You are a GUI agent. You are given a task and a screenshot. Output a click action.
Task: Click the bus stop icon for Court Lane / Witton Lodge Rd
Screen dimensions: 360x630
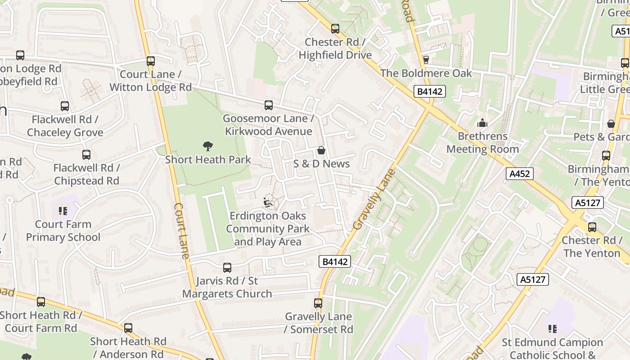[151, 61]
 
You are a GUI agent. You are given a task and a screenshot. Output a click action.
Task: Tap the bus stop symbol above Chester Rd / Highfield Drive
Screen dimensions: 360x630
[335, 29]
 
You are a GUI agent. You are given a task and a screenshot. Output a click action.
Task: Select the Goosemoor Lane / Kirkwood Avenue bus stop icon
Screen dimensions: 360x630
[269, 105]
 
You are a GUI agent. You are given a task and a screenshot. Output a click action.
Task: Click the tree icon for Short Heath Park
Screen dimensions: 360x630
[207, 146]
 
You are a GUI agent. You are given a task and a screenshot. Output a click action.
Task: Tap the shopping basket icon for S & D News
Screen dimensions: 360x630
[321, 150]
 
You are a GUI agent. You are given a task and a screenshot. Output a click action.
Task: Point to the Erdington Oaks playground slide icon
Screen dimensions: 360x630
[268, 202]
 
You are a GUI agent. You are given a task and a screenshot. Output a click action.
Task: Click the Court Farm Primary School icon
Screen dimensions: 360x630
[63, 211]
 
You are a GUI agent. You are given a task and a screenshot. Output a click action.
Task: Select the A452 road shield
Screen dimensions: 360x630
[520, 174]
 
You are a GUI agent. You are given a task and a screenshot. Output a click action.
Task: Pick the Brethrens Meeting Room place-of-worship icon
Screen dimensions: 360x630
[482, 122]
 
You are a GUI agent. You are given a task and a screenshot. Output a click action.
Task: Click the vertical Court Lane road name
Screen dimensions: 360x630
[181, 230]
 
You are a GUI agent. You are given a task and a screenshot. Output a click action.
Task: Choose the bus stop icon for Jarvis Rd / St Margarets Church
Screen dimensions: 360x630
[227, 268]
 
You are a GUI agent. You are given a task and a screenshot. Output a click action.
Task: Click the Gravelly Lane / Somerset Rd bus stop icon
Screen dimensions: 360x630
[318, 303]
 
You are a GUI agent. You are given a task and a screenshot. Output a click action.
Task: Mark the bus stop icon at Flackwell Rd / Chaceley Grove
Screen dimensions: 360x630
[65, 106]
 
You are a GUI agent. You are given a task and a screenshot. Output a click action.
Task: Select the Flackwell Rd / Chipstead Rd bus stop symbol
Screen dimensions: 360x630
[86, 155]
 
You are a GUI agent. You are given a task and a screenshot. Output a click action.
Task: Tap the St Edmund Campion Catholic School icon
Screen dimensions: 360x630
[553, 329]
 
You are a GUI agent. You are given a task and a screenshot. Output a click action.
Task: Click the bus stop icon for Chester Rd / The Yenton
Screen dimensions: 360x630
[592, 227]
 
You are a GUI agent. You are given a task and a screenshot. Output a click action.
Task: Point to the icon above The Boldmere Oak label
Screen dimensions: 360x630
[426, 59]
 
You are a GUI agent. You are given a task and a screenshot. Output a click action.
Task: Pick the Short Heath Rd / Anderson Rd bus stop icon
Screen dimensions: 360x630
[128, 328]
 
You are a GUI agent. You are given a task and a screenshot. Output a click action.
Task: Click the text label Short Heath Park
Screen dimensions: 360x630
[208, 160]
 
